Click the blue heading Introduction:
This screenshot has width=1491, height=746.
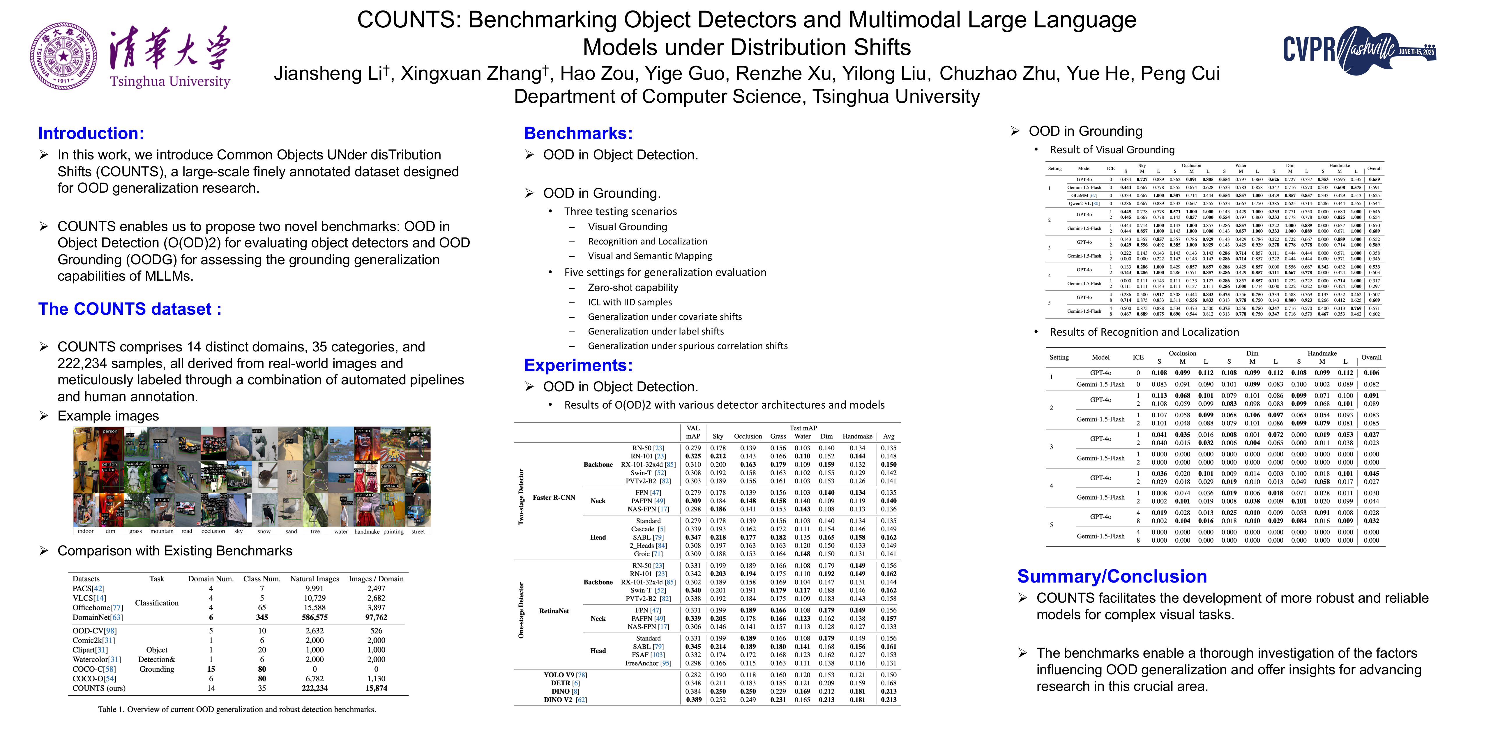pos(91,133)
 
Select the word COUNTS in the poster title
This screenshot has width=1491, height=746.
pos(408,20)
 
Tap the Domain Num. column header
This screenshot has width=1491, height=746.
pos(211,579)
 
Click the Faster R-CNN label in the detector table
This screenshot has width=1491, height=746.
pos(554,497)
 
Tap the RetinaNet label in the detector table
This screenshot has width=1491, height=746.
pos(554,611)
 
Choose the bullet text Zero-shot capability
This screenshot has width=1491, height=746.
pos(633,288)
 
